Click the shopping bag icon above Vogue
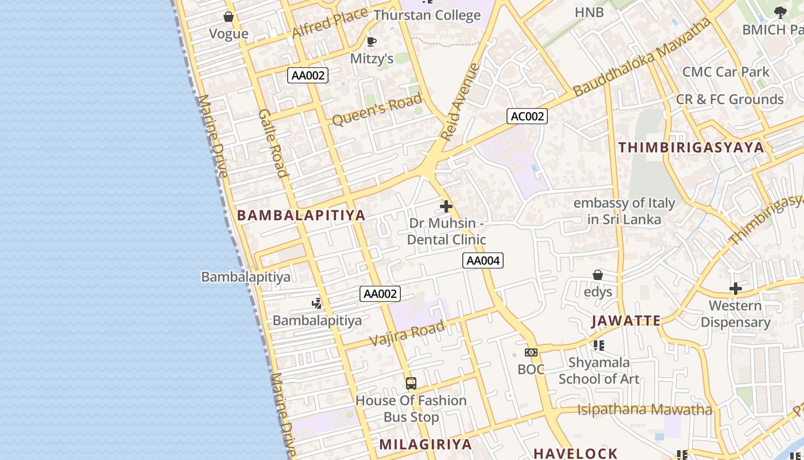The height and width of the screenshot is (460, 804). coord(229,17)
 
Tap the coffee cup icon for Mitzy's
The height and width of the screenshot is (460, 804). coord(372,41)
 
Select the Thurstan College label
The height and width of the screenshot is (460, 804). coord(427,16)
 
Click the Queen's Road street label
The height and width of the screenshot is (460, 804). coord(377,110)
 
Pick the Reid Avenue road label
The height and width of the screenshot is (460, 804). coord(460,102)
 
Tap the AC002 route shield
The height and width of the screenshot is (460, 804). coord(527,116)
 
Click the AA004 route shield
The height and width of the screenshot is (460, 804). coord(483,260)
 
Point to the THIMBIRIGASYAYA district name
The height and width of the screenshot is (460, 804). coord(691,147)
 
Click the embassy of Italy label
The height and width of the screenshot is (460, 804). coord(624,211)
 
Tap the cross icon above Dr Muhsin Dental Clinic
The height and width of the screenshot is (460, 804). coord(446,206)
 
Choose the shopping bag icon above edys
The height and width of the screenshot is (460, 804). coord(598,275)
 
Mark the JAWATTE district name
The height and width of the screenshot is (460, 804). coord(626,321)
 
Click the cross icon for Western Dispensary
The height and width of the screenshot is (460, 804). coord(736,289)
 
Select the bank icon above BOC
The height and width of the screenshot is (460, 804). coord(531,352)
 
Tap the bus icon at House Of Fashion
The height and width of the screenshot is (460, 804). coord(411,383)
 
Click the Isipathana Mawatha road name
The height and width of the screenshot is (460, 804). coord(645,410)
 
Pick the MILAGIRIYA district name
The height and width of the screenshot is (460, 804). coord(426,444)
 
